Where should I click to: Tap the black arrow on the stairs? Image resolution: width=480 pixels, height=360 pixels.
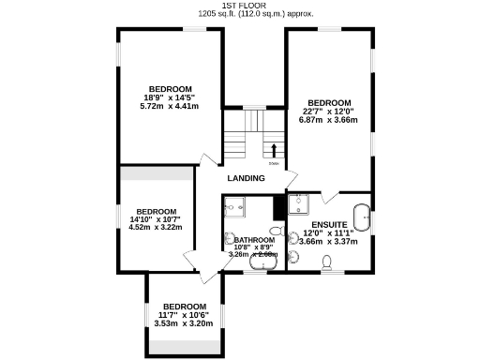(274, 149)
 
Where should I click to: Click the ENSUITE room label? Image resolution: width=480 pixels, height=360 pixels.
(329, 225)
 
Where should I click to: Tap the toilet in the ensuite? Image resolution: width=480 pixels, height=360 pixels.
(328, 269)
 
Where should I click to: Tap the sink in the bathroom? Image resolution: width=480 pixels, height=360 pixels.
(229, 241)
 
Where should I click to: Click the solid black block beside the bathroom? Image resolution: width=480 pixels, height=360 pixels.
(278, 206)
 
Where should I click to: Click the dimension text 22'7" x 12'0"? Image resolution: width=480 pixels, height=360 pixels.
(329, 111)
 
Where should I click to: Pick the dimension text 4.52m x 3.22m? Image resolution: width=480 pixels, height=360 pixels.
(155, 226)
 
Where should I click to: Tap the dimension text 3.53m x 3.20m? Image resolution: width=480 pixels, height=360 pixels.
(184, 322)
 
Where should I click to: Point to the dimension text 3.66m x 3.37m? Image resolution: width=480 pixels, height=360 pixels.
(329, 241)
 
